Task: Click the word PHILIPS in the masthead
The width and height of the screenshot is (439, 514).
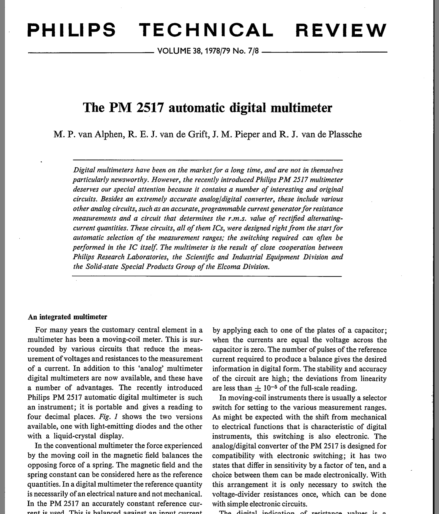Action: pos(72,30)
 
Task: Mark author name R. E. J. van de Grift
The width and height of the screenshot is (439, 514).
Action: pos(167,134)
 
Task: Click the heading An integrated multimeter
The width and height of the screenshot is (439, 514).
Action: pos(67,317)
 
